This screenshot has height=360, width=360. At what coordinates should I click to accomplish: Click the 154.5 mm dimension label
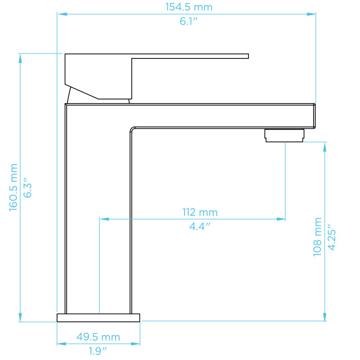pos(189,7)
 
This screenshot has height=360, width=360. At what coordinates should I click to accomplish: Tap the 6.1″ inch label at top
pos(189,21)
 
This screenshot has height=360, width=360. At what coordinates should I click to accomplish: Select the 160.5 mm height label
pos(13,187)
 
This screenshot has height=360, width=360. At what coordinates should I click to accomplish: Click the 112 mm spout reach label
pos(200,212)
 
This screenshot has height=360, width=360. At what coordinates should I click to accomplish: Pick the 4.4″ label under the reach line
pos(200,226)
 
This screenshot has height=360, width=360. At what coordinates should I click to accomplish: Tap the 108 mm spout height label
pos(317,237)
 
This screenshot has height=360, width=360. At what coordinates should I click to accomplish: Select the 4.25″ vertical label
pos(332,237)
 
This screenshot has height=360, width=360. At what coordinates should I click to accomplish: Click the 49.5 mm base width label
pos(98,337)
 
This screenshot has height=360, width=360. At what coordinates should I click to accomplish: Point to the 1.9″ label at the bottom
pos(98,351)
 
